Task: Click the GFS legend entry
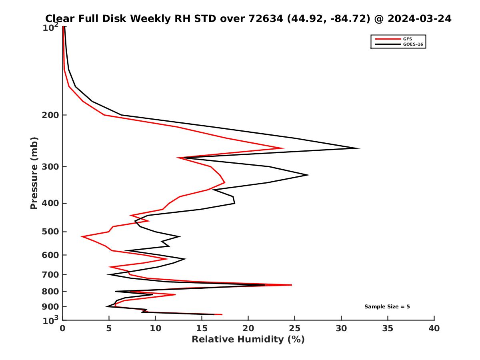coord(408,39)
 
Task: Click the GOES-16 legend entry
coord(413,44)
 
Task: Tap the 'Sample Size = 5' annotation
coord(387,307)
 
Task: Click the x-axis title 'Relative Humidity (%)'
coord(248,340)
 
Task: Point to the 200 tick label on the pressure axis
coord(51,115)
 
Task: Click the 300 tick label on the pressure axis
coord(51,167)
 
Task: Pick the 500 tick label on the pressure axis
coord(51,232)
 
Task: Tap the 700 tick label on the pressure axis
coord(51,274)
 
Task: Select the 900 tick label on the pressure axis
coord(51,307)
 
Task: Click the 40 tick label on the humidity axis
coord(434,328)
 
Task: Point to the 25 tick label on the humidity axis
coord(295,328)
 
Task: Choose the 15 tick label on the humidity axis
coord(202,328)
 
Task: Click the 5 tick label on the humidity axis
coord(109,328)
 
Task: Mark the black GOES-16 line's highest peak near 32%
coord(359,148)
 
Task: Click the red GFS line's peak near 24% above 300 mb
coord(283,148)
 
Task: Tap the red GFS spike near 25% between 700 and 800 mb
coord(292,285)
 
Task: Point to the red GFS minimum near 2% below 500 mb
coord(82,237)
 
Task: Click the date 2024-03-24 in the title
coord(416,18)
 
